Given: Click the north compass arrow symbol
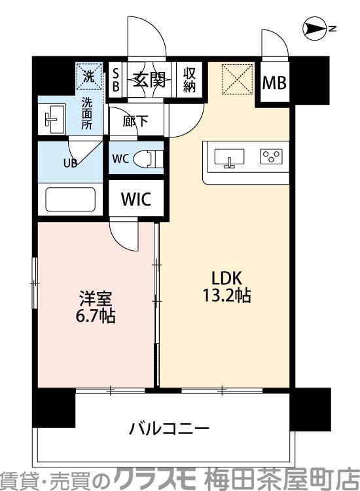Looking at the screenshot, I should click(x=316, y=28).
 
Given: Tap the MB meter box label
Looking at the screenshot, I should click(x=273, y=82).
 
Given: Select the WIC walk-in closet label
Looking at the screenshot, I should click(x=136, y=200).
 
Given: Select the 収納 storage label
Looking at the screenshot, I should click(x=190, y=79).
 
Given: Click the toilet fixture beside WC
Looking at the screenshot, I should click(x=154, y=159).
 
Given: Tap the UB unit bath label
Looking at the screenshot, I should click(x=70, y=164).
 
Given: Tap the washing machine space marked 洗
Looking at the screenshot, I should click(x=88, y=77).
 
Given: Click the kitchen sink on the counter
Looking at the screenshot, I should click(x=228, y=158).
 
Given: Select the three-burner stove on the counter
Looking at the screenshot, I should click(x=270, y=156).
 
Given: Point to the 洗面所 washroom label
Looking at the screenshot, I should click(x=87, y=112).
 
